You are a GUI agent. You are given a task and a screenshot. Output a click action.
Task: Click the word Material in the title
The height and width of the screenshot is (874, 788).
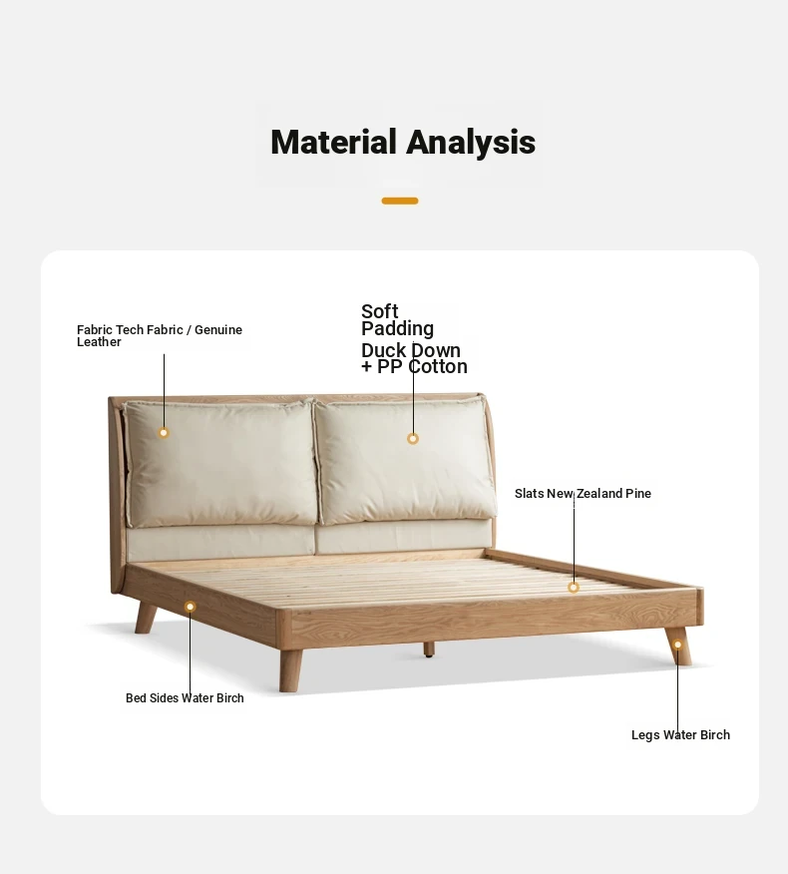[x=333, y=142]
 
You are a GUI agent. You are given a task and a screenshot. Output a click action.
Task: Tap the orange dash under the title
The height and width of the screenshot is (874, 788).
[x=400, y=201]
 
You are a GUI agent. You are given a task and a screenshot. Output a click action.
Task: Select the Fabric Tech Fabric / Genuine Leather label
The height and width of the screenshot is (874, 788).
[x=160, y=335]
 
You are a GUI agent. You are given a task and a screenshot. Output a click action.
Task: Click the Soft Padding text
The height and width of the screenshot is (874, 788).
[x=397, y=320]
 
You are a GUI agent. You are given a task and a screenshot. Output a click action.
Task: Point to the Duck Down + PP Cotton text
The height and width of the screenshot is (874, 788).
[x=414, y=358]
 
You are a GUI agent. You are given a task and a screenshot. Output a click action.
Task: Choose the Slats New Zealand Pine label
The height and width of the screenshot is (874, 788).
[x=583, y=493]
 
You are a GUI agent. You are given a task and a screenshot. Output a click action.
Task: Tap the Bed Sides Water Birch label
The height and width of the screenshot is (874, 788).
[x=185, y=697]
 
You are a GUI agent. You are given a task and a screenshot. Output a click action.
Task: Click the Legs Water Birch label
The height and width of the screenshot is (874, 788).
[x=680, y=734]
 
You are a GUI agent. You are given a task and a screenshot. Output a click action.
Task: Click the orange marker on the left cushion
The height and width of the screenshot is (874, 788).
[x=164, y=433]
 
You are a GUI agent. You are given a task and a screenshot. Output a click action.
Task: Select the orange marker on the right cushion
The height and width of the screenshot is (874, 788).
[x=412, y=439]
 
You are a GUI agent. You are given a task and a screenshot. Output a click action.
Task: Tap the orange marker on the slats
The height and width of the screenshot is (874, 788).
[x=574, y=587]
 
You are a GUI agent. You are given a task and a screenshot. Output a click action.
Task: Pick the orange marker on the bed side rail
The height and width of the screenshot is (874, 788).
[x=191, y=607]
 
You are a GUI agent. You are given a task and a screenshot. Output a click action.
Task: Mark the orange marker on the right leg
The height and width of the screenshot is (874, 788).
[x=677, y=645]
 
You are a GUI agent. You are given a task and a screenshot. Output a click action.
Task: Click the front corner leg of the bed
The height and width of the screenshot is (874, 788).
[x=290, y=670]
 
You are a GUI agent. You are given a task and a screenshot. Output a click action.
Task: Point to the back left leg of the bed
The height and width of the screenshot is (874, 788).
[x=145, y=618]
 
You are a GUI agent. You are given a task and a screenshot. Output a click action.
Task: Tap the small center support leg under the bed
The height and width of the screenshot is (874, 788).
[x=429, y=650]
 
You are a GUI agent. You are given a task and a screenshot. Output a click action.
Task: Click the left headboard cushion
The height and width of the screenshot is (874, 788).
[x=220, y=464]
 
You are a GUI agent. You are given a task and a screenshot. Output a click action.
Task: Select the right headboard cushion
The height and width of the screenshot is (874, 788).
[x=406, y=460]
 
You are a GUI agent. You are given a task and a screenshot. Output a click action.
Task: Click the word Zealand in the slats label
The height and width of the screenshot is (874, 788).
[x=599, y=493]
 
